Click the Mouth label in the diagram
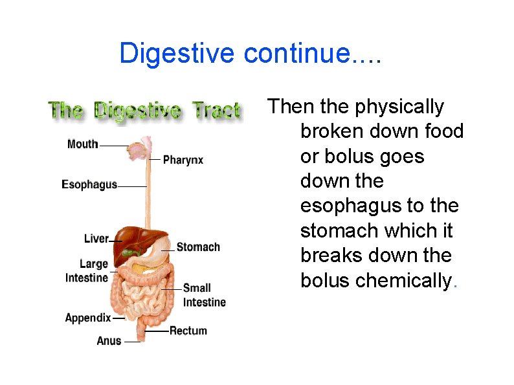pos(82,144)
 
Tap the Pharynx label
pos(183,159)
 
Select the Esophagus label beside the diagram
pos(89,184)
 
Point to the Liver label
pos(96,239)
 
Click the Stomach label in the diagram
pos(198,247)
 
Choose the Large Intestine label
pos(87,271)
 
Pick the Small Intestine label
pos(204,295)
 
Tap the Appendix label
pos(88,318)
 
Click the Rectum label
pos(188,331)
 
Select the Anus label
pos(109,340)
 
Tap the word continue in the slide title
pos(296,53)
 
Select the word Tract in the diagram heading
pos(216,110)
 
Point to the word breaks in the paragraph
pos(331,256)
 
